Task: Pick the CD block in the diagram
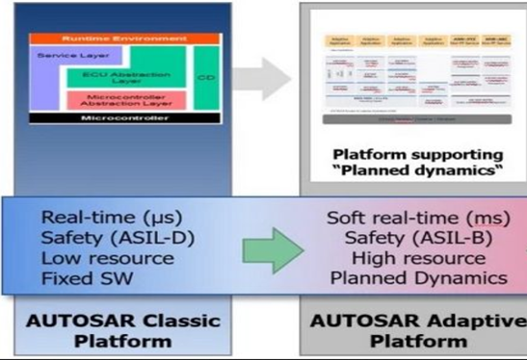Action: tap(206, 77)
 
